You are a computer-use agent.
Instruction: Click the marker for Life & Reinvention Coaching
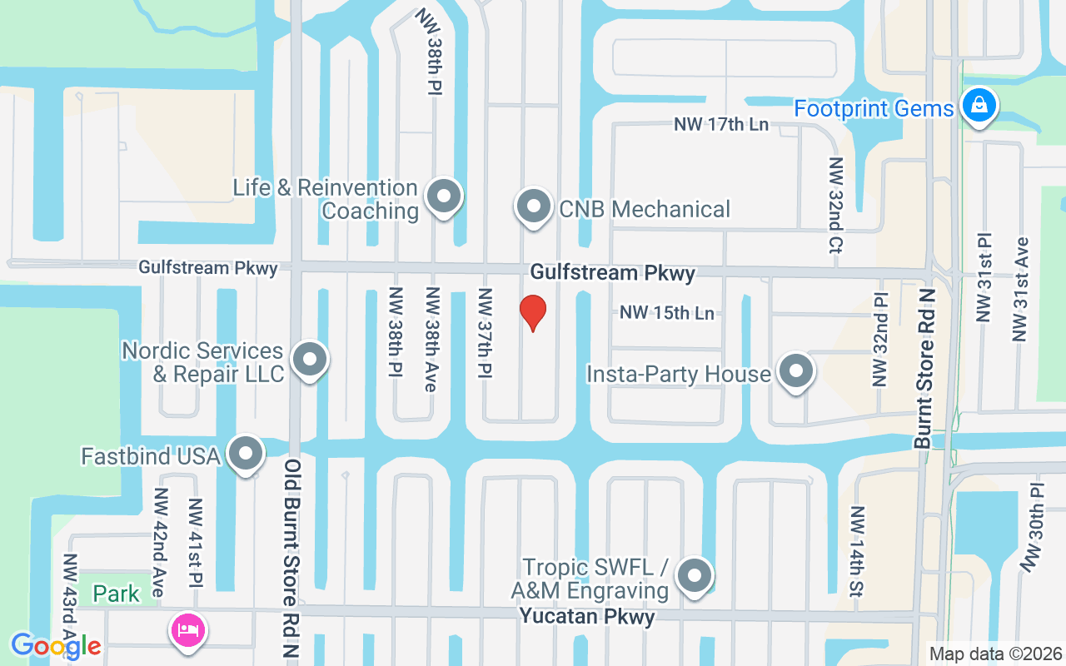(x=443, y=197)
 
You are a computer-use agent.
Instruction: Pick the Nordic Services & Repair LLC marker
(x=311, y=360)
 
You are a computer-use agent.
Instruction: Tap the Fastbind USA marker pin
(x=246, y=455)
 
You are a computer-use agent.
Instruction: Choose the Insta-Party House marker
(x=795, y=372)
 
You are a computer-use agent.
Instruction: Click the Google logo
(x=56, y=646)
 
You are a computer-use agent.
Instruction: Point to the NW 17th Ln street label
(x=721, y=125)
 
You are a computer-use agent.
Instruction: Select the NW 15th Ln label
(x=667, y=313)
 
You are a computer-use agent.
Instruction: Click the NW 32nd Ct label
(x=835, y=205)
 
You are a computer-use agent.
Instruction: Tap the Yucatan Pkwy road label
(x=587, y=617)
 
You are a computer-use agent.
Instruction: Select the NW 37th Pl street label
(x=485, y=334)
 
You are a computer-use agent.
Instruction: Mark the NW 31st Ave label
(x=1020, y=289)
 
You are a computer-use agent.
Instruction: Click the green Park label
(x=117, y=594)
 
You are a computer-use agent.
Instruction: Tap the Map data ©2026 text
(x=996, y=654)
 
